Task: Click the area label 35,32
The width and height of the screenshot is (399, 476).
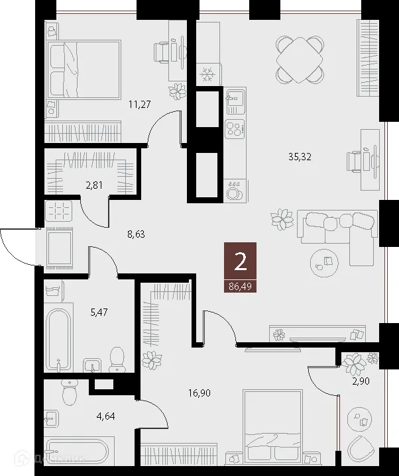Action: pos(301,157)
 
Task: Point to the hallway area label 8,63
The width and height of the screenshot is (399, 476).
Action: pos(137,233)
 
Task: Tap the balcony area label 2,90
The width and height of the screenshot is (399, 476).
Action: pos(361,383)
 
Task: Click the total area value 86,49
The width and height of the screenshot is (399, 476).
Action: pos(240,286)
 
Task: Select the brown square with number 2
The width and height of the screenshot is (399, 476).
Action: pos(240,262)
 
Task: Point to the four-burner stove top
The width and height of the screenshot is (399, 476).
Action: pos(235,128)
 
